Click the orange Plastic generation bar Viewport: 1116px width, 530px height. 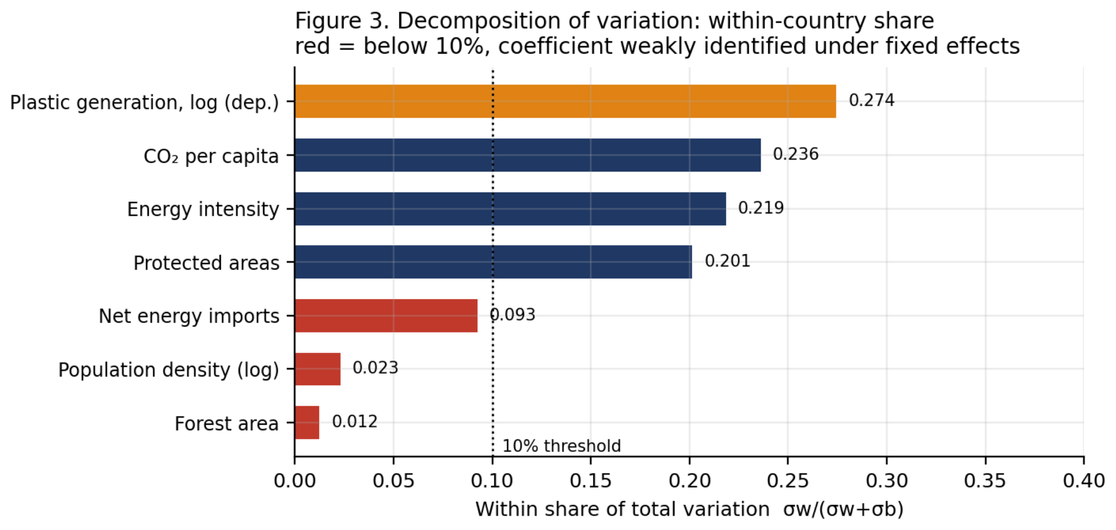(565, 101)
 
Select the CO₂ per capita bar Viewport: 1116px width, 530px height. (528, 155)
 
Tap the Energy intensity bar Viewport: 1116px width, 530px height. (511, 209)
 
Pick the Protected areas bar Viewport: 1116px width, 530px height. (494, 262)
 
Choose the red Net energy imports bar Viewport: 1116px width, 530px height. (386, 316)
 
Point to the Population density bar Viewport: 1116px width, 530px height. (318, 369)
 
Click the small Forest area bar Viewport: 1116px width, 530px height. (307, 423)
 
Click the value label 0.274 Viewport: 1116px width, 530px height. (871, 100)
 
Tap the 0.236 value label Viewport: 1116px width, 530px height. (795, 154)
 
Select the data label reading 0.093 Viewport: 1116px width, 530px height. (512, 315)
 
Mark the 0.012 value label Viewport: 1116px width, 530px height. (354, 422)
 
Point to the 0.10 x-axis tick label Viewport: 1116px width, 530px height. (492, 481)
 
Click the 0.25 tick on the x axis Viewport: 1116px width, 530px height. (788, 481)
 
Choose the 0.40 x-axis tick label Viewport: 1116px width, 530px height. (1083, 481)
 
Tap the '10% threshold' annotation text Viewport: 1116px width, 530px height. (562, 446)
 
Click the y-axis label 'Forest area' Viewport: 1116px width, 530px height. (226, 424)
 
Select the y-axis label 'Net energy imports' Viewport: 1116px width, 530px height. (189, 316)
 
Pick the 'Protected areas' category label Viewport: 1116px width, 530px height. (206, 263)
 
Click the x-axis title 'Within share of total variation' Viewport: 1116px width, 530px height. (622, 509)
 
